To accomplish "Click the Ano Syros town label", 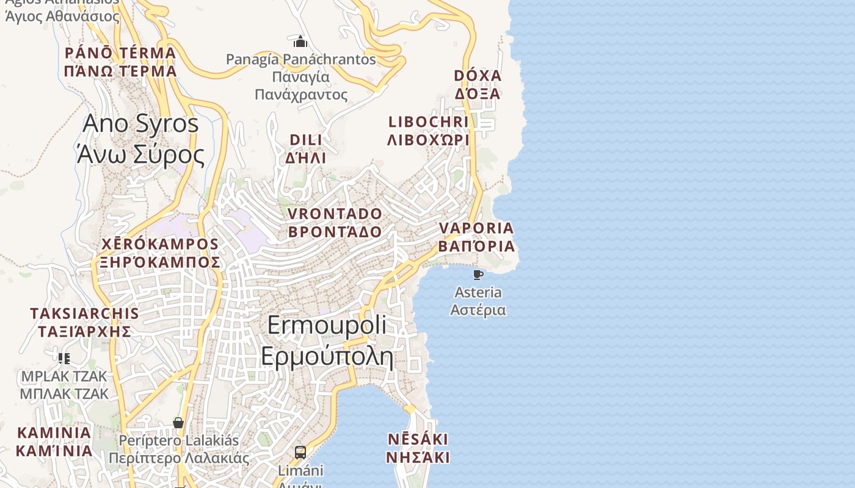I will point(140,139).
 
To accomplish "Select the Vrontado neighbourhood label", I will point(335,223).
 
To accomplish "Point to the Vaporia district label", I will point(476,237).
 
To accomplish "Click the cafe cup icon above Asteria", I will point(478,274).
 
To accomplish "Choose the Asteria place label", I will point(478,301).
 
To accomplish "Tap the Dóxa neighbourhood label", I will point(478,85).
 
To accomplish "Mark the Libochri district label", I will point(429,131).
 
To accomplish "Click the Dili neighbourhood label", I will point(305,149).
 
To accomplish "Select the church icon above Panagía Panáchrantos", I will point(300,41).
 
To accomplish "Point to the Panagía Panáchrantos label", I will point(301,77).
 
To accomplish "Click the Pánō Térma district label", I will point(120,62).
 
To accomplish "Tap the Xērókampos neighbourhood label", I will point(160,253).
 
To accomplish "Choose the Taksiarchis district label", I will point(84,322).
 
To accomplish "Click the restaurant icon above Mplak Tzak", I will point(64,358).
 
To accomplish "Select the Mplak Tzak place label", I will point(64,385).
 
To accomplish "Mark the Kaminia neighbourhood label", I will point(54,442).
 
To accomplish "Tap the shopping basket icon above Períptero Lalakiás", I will point(178,422).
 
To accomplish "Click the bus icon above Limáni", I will point(300,452).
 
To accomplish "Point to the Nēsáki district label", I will point(418,448).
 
